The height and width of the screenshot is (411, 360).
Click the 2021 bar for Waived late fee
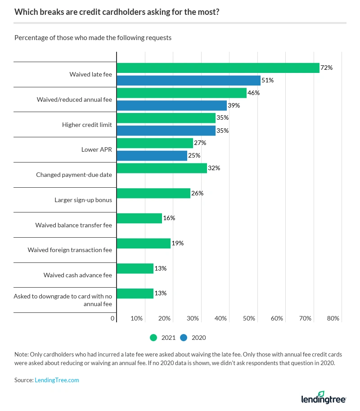click(x=218, y=68)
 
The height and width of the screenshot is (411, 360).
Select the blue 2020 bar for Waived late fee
click(x=189, y=81)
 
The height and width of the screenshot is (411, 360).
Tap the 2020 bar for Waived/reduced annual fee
click(x=171, y=105)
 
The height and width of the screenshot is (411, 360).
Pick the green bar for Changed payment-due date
click(x=162, y=168)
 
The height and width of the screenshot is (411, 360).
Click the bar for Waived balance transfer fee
click(x=139, y=218)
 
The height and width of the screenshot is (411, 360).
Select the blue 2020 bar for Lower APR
click(x=152, y=156)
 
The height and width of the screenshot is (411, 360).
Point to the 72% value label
click(x=326, y=68)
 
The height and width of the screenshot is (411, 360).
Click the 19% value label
click(x=177, y=244)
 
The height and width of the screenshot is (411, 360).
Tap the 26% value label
click(x=197, y=193)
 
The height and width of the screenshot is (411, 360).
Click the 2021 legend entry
click(x=162, y=337)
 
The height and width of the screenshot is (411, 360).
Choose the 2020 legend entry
click(x=193, y=337)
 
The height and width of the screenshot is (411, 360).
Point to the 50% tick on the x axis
click(x=249, y=318)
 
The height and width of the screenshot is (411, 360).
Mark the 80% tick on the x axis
click(x=333, y=318)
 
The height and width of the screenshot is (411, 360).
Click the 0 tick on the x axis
click(x=112, y=318)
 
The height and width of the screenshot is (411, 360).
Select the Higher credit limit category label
click(x=87, y=125)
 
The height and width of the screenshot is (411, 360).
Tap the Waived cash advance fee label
click(x=77, y=275)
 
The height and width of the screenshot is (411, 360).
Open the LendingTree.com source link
click(x=57, y=380)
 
